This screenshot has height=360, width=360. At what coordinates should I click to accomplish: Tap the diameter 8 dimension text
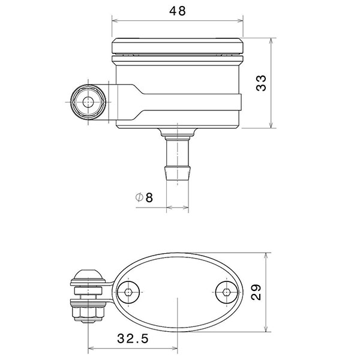[x=145, y=197]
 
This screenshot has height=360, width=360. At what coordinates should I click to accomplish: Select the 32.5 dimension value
[x=133, y=338]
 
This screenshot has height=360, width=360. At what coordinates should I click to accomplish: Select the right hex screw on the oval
[x=226, y=292]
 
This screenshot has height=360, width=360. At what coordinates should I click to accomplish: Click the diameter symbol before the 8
[x=139, y=197]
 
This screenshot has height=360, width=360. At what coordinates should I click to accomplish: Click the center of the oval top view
[x=178, y=292]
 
